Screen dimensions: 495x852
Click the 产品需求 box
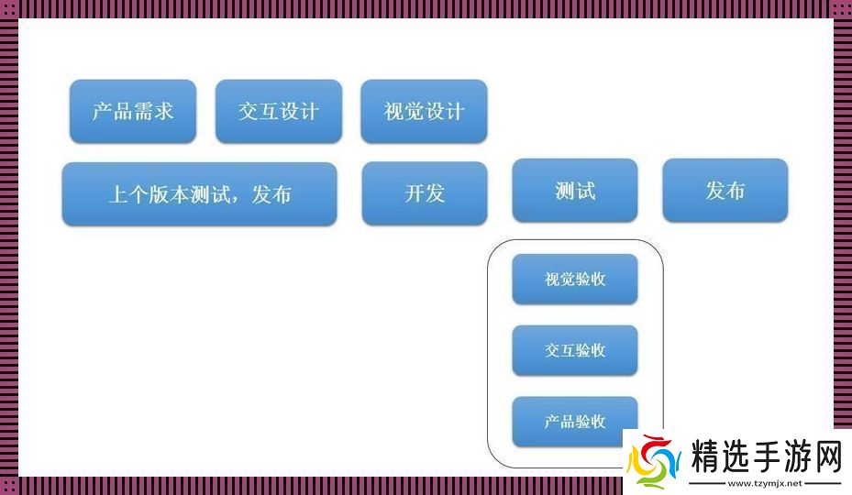(133, 111)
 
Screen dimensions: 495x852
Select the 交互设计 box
(279, 111)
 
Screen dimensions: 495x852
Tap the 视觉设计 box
(424, 112)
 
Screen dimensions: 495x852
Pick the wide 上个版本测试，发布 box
(199, 194)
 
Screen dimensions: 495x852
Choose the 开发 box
(425, 193)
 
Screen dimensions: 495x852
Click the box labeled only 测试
(575, 191)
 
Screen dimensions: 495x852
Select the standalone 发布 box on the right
(725, 191)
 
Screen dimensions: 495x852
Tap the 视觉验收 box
(575, 280)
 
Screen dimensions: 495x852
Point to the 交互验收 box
(575, 350)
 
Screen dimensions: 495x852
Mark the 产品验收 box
(575, 422)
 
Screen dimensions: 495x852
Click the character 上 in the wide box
(118, 194)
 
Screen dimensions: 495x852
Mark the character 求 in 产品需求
(163, 111)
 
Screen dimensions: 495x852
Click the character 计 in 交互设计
(309, 111)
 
